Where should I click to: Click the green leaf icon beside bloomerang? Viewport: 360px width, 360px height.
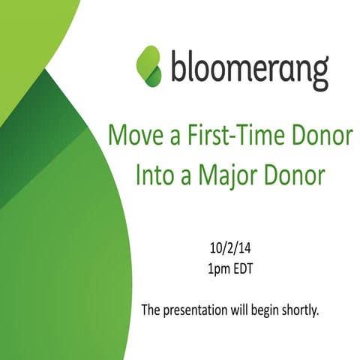[148, 65]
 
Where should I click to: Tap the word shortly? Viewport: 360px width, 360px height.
[301, 310]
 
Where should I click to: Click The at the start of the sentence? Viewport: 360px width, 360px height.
[151, 309]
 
